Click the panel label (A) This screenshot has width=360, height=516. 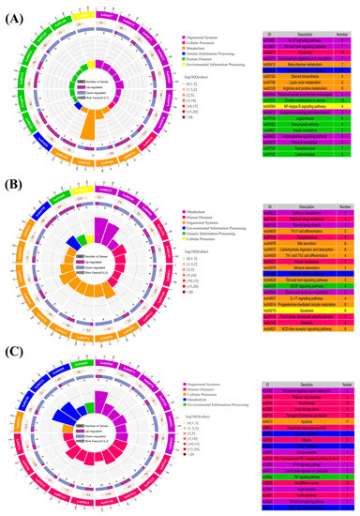(13, 10)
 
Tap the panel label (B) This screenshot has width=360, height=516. (13, 182)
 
